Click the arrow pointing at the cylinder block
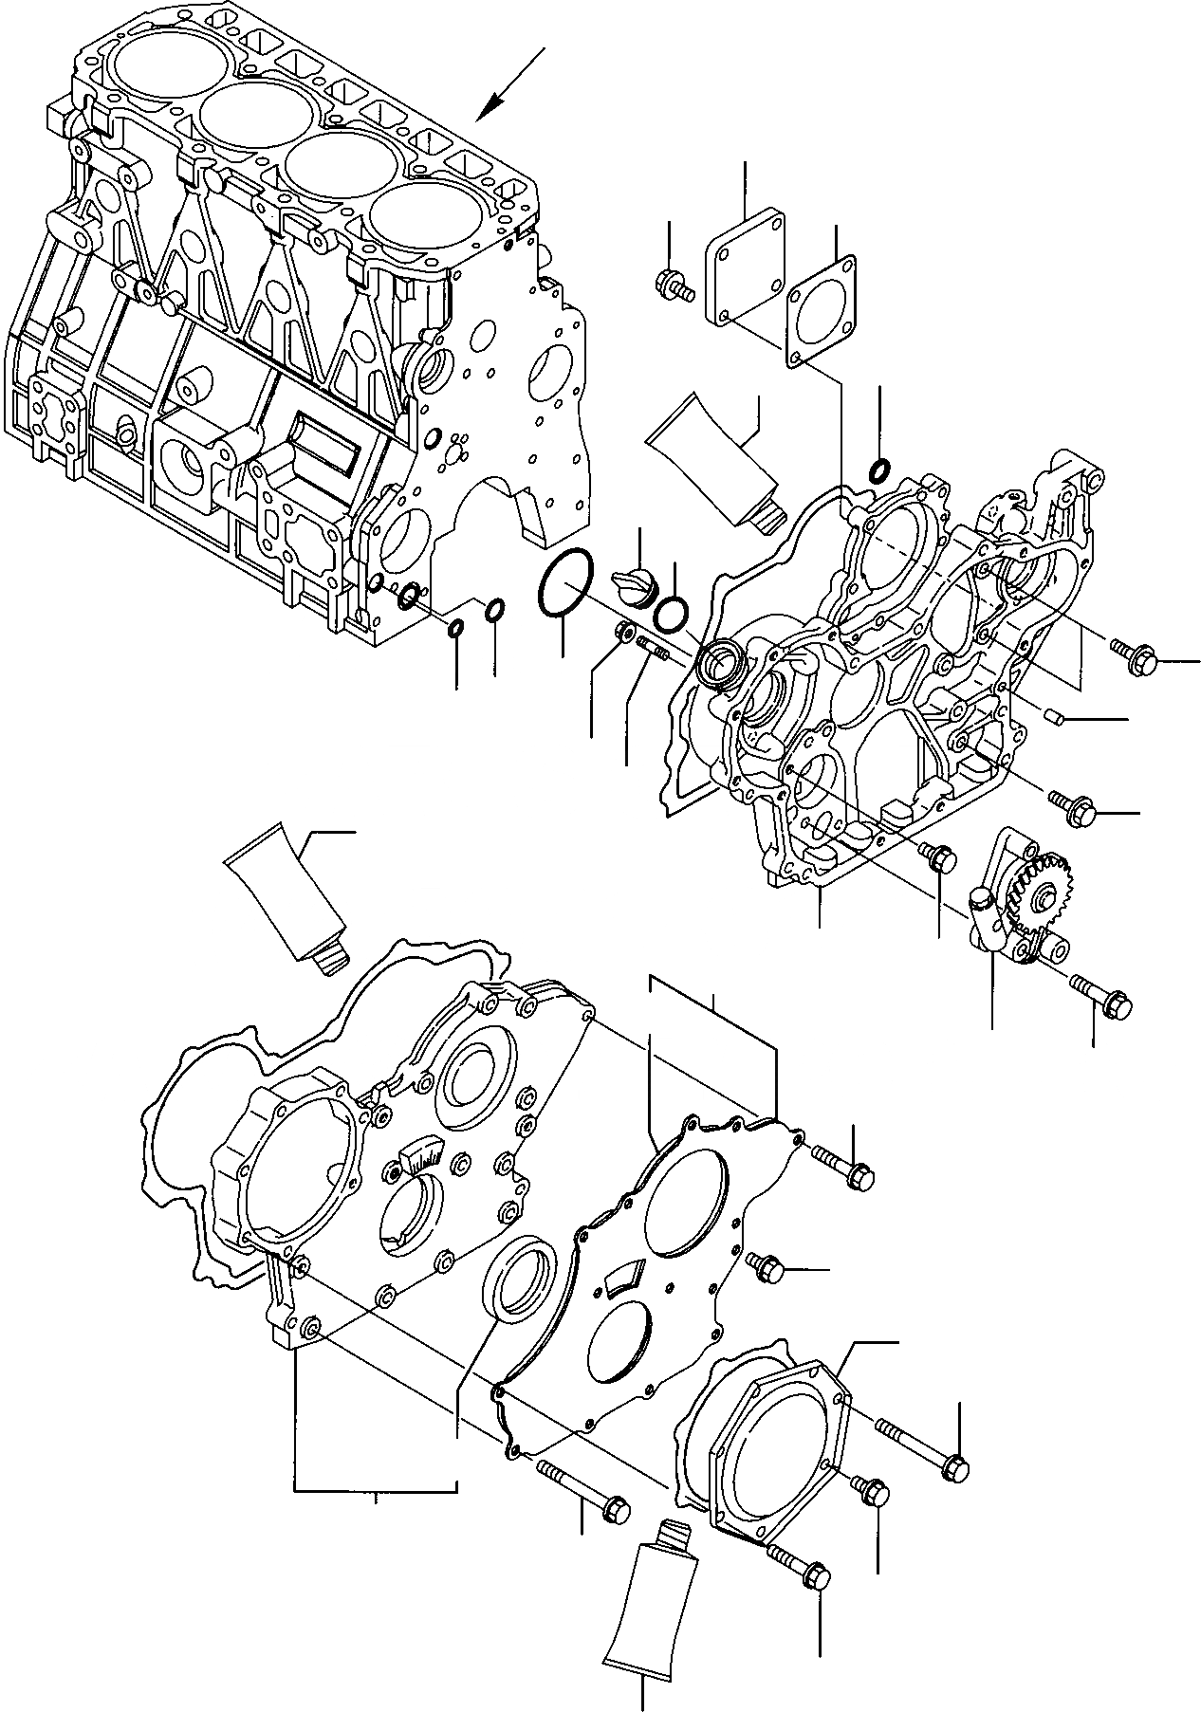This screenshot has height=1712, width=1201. [509, 84]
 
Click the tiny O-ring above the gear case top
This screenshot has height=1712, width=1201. [879, 468]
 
